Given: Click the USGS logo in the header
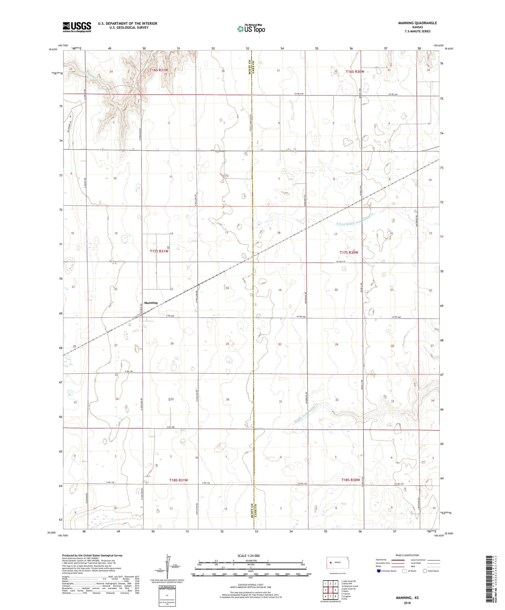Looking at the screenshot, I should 77,27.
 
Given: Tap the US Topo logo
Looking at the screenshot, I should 251,29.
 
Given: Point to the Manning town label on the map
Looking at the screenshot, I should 151,303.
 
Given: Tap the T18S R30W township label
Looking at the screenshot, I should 351,480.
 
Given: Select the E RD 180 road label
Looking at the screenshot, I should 170,427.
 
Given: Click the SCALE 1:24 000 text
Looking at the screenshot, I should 248,556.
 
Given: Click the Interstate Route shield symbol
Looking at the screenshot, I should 379,571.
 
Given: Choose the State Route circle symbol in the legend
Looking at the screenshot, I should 425,571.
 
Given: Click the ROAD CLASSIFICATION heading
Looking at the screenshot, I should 407,555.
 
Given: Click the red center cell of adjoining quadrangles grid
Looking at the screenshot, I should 330,590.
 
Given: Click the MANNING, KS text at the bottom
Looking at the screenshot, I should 407,598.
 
